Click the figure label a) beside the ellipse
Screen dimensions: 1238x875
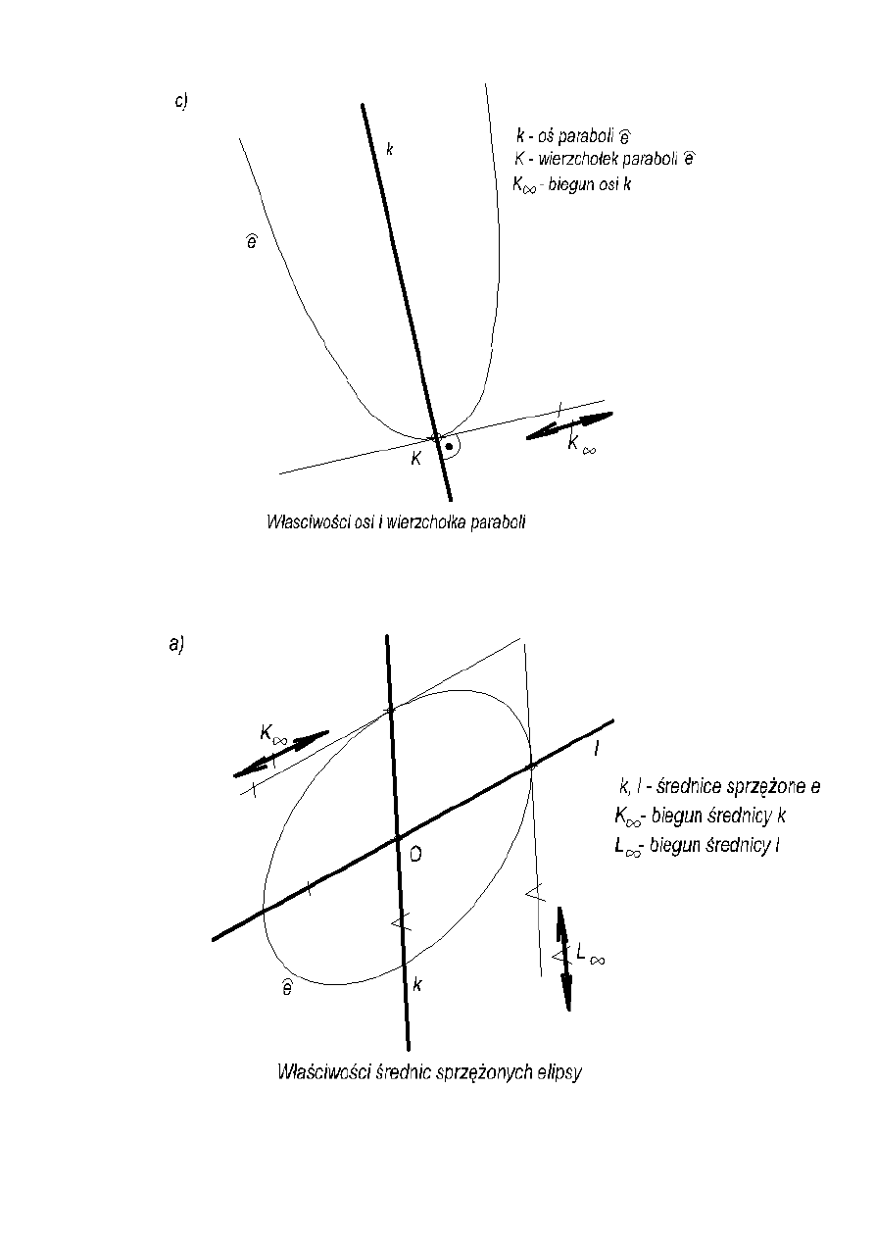click(176, 643)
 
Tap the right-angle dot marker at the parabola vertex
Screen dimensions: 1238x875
click(449, 447)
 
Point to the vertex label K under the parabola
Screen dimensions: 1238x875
click(415, 459)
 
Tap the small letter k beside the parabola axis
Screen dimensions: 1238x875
click(389, 149)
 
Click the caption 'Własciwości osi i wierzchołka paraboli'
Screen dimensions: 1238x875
click(397, 522)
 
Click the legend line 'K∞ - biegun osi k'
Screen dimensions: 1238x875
click(571, 182)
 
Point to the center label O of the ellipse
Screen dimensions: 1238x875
click(415, 856)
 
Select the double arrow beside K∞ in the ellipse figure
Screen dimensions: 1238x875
click(281, 754)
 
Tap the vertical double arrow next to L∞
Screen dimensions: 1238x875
click(564, 958)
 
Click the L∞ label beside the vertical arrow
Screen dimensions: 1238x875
click(590, 953)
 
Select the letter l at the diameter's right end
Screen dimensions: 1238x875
click(597, 749)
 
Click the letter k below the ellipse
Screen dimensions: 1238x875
click(417, 984)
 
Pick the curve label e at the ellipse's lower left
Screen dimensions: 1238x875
click(285, 988)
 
